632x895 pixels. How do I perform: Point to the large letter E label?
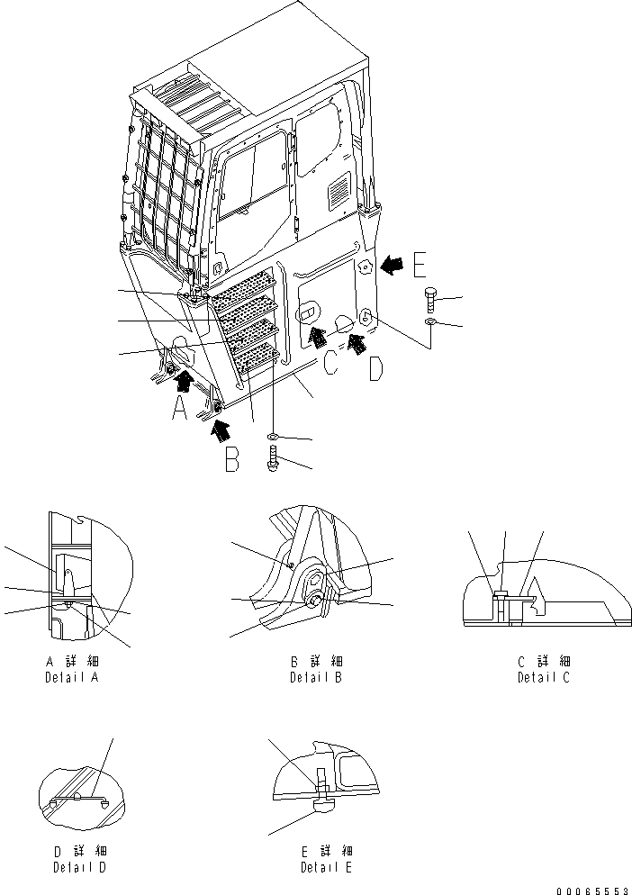click(x=420, y=265)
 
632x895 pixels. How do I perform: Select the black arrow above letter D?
click(x=357, y=340)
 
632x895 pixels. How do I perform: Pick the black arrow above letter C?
click(x=315, y=336)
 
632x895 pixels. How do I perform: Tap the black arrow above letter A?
click(x=184, y=384)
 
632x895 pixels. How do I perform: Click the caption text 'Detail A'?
click(x=71, y=677)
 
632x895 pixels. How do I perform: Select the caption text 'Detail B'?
click(x=315, y=677)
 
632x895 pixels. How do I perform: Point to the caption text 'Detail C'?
click(x=543, y=677)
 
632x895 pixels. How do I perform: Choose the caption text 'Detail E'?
click(x=327, y=868)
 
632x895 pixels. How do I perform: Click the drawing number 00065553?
click(x=591, y=890)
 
